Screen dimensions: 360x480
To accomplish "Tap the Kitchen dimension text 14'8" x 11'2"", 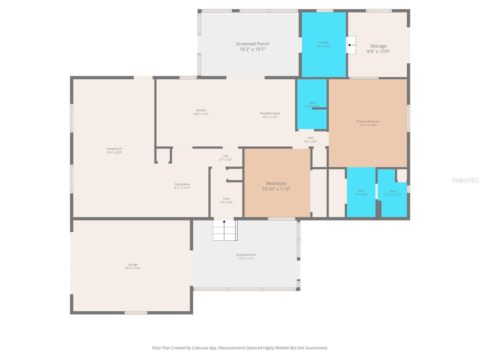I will pos(201,114).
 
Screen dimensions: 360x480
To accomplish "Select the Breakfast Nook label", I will pos(270,113).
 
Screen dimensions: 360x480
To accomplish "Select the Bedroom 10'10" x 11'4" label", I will pos(276,186).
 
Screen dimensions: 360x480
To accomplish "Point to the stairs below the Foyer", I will pos(224,230).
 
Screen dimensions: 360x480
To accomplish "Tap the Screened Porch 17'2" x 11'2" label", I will pos(246,256).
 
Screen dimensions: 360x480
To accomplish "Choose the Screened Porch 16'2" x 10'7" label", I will pos(252,46).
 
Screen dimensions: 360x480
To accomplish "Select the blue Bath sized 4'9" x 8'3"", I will pos(361,198).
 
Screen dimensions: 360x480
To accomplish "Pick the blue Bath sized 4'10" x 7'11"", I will pos(393,201).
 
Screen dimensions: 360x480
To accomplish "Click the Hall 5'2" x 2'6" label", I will pos(310,140).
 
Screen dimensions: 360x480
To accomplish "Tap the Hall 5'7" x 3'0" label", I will pos(225,158).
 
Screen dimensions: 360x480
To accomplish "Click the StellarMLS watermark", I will pos(465,180).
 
